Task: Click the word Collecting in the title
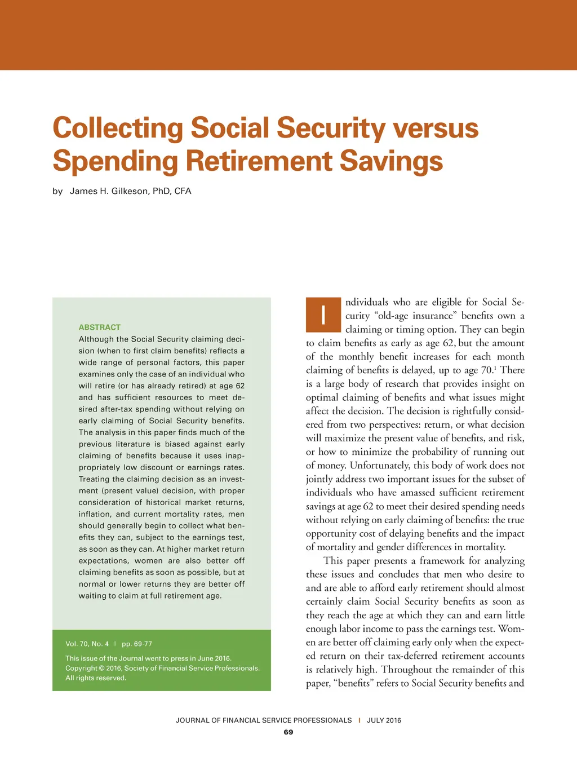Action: click(118, 129)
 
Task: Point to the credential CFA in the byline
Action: click(183, 191)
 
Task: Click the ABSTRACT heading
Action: click(100, 327)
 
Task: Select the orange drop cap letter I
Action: click(323, 315)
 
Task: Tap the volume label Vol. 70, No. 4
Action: click(87, 644)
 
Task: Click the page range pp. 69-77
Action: click(137, 644)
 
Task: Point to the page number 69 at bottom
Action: click(288, 732)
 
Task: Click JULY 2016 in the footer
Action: click(384, 720)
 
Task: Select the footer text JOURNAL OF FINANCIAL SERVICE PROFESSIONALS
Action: click(264, 720)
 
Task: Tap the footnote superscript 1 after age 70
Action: click(495, 368)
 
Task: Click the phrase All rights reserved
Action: click(96, 678)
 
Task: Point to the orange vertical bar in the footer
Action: click(359, 720)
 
